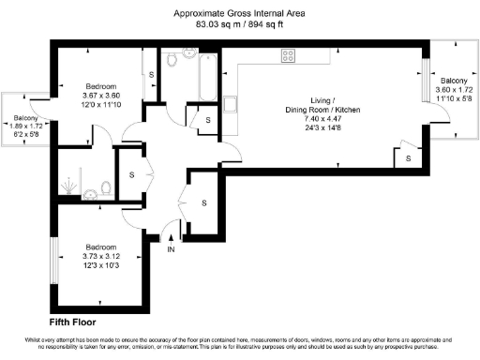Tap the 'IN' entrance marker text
click(171, 250)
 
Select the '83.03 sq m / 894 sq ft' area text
click(239, 23)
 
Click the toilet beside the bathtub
click(172, 62)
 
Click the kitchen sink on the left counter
click(241, 102)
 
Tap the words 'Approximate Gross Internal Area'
click(239, 12)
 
